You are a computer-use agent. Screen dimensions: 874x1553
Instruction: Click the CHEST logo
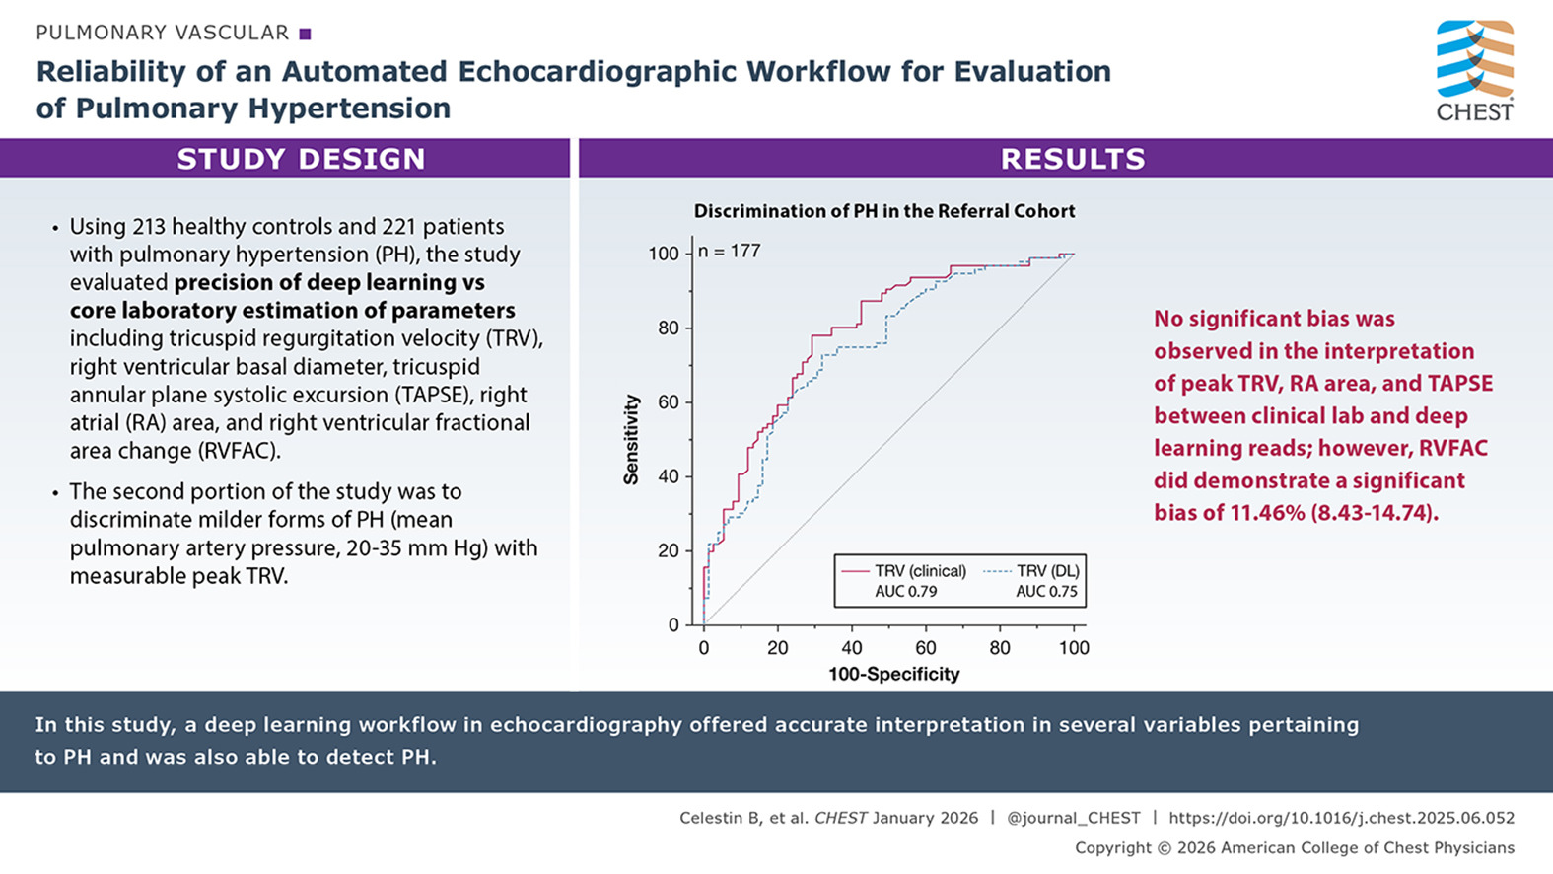pyautogui.click(x=1474, y=70)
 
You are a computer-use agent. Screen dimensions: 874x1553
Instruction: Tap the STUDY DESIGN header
pyautogui.click(x=301, y=159)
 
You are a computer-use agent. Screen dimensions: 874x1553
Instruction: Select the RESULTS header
pyautogui.click(x=1073, y=159)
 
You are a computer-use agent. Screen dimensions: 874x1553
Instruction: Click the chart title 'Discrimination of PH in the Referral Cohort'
pyautogui.click(x=883, y=211)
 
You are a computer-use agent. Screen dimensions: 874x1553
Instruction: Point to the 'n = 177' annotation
pyautogui.click(x=730, y=252)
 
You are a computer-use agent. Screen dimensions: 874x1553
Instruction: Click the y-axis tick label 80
pyautogui.click(x=669, y=328)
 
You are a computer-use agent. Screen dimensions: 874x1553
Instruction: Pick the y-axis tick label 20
pyautogui.click(x=669, y=550)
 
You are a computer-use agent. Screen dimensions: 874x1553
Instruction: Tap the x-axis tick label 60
pyautogui.click(x=926, y=648)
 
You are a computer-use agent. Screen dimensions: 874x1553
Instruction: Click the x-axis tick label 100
pyautogui.click(x=1074, y=648)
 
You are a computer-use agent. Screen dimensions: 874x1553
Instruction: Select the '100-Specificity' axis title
pyautogui.click(x=893, y=675)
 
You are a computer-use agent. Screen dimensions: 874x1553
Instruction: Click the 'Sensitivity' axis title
pyautogui.click(x=631, y=440)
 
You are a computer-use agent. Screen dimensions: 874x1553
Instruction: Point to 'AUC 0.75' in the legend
pyautogui.click(x=1046, y=592)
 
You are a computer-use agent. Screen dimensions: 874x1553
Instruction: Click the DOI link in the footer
pyautogui.click(x=1341, y=818)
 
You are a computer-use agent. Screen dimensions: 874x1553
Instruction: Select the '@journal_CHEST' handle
pyautogui.click(x=1073, y=818)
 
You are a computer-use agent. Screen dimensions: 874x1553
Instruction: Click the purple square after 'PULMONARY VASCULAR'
pyautogui.click(x=305, y=34)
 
